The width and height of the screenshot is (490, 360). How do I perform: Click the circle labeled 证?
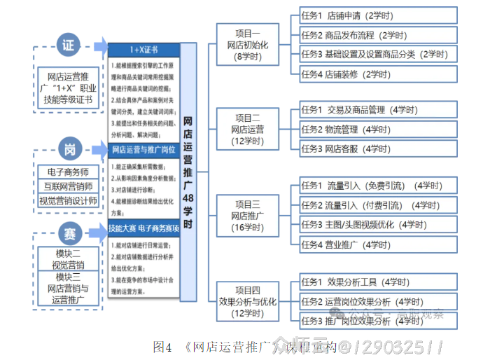tap(68, 46)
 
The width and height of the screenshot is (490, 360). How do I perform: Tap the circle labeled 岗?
tap(69, 149)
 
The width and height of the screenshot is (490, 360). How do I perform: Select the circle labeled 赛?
tap(69, 232)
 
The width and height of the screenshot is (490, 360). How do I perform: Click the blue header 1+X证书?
tap(144, 50)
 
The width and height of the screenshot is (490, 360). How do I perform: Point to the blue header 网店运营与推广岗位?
tap(144, 149)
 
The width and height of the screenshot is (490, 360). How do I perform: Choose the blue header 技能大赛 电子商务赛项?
tap(144, 228)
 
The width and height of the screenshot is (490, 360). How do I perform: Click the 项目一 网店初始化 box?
tap(248, 45)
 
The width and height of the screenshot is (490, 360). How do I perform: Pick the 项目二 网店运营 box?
tap(248, 129)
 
